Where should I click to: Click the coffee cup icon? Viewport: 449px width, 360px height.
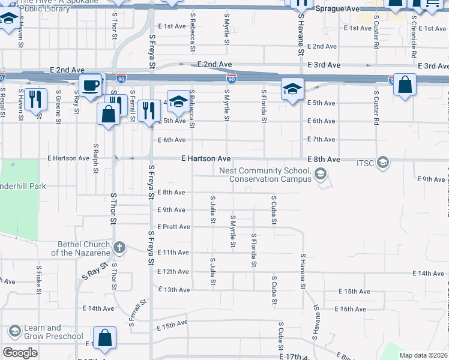coord(90,85)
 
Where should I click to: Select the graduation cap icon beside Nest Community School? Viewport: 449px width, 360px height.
coord(321,175)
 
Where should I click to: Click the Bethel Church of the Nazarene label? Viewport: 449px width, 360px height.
coord(84,248)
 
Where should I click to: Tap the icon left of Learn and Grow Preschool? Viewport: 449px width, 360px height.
coord(14,331)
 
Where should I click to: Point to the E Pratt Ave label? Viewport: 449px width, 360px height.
coord(173,227)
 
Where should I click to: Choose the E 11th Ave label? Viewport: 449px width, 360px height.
coord(173,253)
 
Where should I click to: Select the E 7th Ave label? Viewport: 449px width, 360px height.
coord(321,139)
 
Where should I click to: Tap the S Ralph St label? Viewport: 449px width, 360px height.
coord(95,158)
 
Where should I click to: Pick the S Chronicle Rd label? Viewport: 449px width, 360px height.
coord(414,36)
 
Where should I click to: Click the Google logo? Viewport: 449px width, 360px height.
coord(20,353)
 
